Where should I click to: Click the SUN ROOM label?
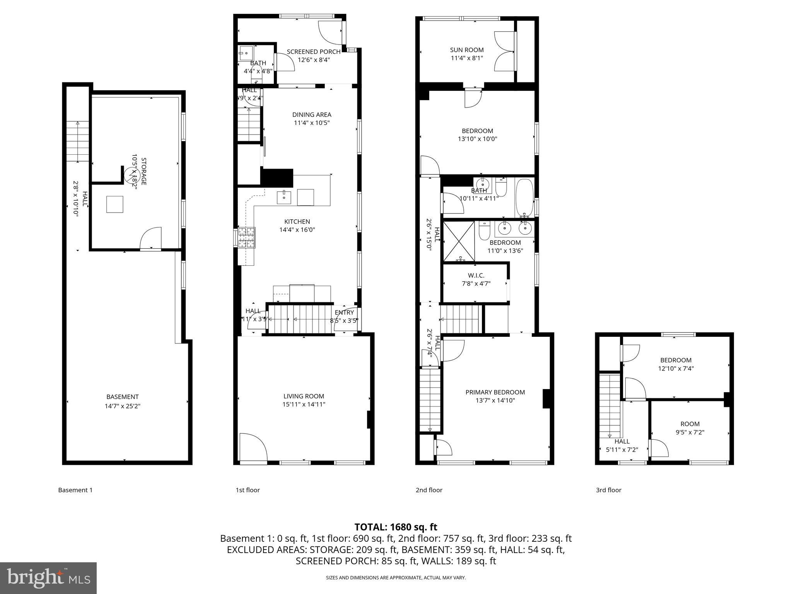click(467, 50)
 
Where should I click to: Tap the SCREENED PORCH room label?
click(313, 52)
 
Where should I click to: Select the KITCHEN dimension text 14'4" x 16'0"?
click(297, 230)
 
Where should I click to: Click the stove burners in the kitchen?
click(247, 237)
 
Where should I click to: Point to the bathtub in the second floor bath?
click(524, 198)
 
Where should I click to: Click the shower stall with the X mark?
click(459, 241)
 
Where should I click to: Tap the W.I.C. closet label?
click(476, 275)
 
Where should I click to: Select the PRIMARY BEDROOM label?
click(495, 392)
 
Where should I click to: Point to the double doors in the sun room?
click(505, 51)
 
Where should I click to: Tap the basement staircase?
click(78, 142)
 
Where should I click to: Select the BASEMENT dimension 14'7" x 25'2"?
click(122, 406)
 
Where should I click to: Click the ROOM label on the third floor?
click(690, 424)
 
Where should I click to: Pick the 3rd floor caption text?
click(608, 490)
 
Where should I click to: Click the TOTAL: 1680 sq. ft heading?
click(396, 527)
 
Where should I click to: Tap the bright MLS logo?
click(48, 578)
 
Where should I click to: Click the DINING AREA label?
click(312, 114)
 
